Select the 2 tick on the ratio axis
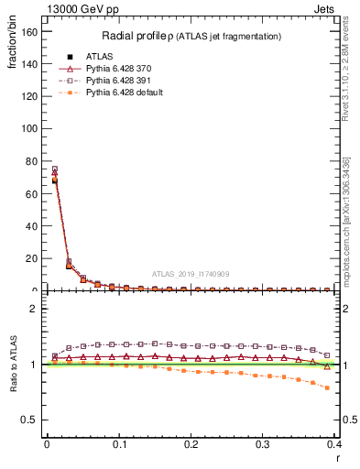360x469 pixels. tap(35, 309)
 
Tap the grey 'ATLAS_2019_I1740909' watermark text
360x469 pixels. tap(191, 273)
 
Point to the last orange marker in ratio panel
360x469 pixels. tap(327, 387)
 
